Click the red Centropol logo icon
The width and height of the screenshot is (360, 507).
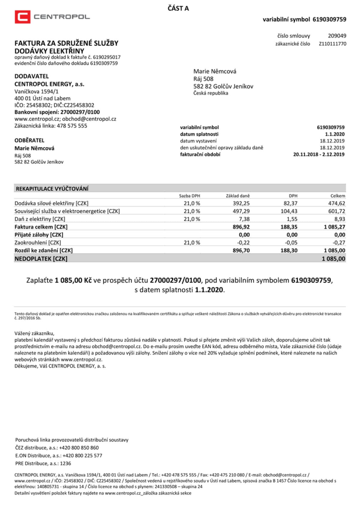(x=22, y=17)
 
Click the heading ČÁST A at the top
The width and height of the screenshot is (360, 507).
(x=178, y=8)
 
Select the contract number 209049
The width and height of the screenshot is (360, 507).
(x=337, y=36)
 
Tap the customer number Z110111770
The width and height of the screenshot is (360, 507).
(x=332, y=44)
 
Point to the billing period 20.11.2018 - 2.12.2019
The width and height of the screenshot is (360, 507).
(x=319, y=154)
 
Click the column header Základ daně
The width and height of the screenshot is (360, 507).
(x=238, y=196)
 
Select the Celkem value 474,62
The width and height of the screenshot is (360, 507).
(x=337, y=203)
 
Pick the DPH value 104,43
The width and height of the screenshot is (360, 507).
(x=289, y=211)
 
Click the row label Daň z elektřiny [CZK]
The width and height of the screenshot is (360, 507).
(x=40, y=219)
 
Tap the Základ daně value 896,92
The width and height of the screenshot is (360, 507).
(x=241, y=227)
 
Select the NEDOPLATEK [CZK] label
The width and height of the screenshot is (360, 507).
(x=41, y=259)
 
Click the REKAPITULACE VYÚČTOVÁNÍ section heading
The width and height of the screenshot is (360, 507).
(x=52, y=189)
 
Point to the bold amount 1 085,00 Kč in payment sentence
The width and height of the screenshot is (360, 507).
(x=73, y=280)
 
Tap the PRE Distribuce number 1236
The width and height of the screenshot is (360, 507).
(x=65, y=463)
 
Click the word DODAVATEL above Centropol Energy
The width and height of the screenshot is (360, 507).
(x=31, y=76)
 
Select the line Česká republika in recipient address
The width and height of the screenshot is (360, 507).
(x=211, y=93)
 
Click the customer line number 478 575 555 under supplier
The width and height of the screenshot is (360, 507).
(x=72, y=126)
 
